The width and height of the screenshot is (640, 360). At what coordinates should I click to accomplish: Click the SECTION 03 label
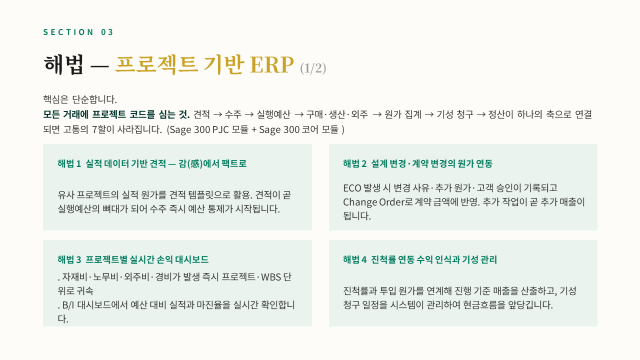pos(78,32)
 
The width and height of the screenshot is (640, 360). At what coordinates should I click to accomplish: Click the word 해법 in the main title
pos(63,64)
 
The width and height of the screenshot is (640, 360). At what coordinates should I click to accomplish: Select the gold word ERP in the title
pos(271,64)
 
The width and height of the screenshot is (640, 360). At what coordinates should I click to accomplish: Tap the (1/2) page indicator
pos(313,68)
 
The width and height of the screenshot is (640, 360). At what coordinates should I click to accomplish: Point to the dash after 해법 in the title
pos(99,66)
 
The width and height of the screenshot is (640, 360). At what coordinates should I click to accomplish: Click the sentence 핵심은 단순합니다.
pos(80,99)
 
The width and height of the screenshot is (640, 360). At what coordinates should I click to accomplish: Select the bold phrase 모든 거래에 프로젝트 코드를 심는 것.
pos(116,114)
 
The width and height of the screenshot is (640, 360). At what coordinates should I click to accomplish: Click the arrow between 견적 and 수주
pos(217,114)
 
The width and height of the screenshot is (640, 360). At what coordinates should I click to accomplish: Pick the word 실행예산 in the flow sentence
pos(273,114)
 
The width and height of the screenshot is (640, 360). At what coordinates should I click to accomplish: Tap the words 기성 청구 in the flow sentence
pos(455,114)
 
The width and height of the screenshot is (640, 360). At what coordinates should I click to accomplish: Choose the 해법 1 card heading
pos(152,163)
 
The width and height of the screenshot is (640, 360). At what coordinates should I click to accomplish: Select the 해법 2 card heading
pos(417,163)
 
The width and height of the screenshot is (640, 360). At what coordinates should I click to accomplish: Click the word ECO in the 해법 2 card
pos(352,188)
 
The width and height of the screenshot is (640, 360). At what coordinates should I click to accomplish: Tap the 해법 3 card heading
pos(133,259)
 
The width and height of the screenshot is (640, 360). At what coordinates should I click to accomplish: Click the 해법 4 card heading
pos(420,259)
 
